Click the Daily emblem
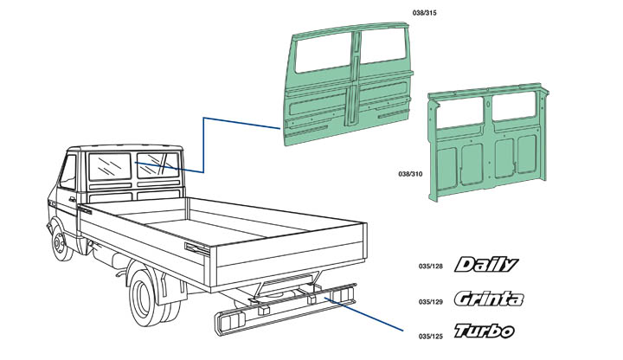pos(486,265)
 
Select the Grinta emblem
pos(488,299)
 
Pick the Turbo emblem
pos(484,331)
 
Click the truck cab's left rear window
pos(108,168)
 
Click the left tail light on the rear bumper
pos(228,323)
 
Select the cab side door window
pos(67,171)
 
